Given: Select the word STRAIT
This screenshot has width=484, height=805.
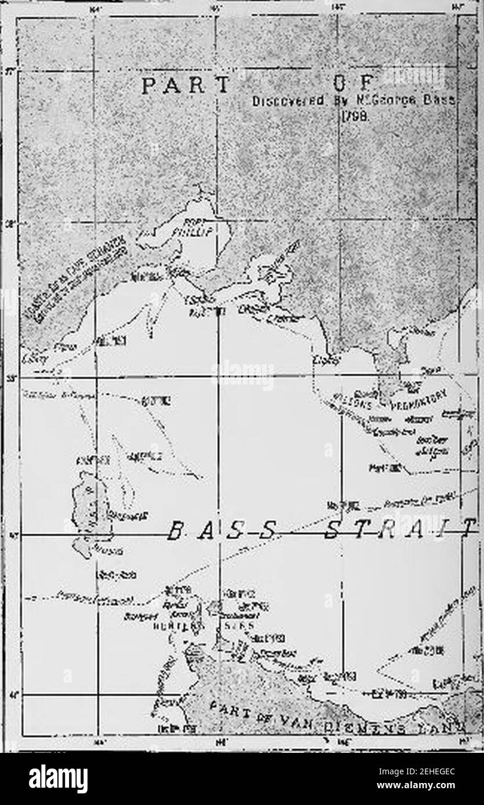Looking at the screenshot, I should pos(399,529).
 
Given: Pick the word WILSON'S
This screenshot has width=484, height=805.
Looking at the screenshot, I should pos(351,401).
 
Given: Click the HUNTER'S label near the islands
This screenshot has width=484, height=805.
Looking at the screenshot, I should pos(179,626).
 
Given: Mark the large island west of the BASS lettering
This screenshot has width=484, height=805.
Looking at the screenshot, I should pos(92,507).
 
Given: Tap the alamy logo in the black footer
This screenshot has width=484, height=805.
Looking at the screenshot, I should pos(58,778).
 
